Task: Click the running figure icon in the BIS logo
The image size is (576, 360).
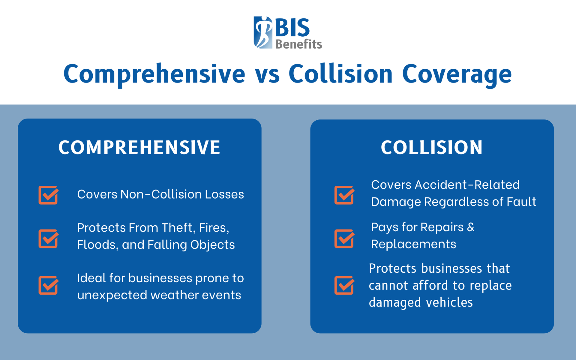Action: tap(263, 32)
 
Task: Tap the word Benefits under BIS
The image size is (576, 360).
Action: tap(298, 44)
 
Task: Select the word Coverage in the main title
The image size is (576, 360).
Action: tap(457, 74)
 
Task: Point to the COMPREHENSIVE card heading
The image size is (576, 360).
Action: tap(139, 148)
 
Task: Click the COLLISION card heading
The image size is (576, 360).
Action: tap(432, 148)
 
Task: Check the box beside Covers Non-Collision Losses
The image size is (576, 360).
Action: tap(48, 195)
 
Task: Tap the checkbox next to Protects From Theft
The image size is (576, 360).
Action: tap(48, 239)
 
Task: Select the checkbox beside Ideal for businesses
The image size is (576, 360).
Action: tap(48, 285)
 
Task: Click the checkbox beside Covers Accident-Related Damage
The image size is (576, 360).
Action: tap(344, 195)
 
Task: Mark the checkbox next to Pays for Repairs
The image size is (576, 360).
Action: tap(344, 239)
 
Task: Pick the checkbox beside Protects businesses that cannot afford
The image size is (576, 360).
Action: tap(344, 285)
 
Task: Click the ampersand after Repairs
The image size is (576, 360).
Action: tap(471, 227)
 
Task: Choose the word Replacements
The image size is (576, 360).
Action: tap(413, 244)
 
